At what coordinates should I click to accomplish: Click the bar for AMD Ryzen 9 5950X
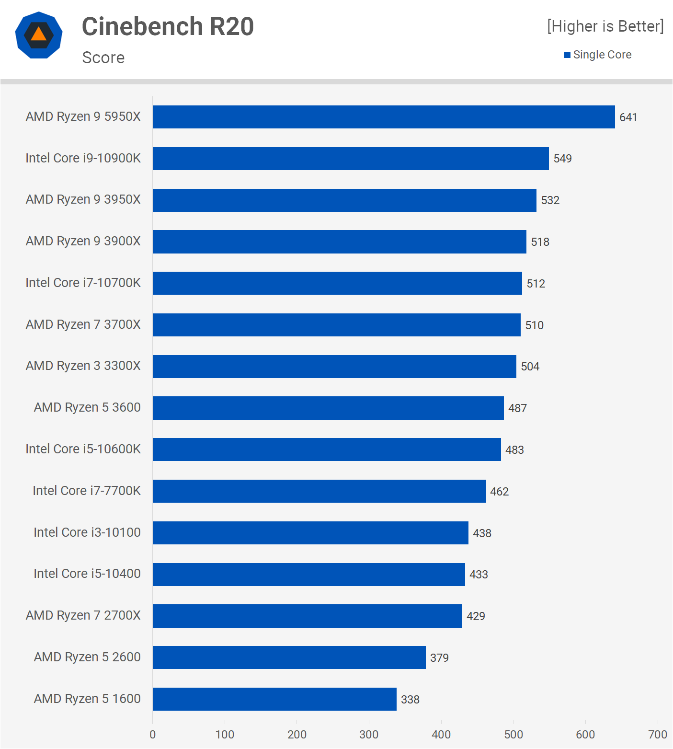coord(383,117)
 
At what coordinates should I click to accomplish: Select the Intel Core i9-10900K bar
coord(351,159)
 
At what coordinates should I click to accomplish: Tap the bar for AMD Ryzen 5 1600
coord(274,699)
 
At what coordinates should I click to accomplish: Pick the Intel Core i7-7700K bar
coord(319,491)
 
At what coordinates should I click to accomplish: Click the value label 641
coord(628,117)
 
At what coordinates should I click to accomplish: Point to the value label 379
coord(439,658)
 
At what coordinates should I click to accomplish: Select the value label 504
coord(530,367)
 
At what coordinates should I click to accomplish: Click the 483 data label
coord(514,450)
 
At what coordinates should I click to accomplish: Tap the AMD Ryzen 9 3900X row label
coord(83,241)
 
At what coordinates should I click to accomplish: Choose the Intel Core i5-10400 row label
coord(87,574)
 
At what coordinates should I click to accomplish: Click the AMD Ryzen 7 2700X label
coord(83,615)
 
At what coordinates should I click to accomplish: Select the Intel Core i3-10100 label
coord(87,532)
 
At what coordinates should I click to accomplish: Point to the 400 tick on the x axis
coord(441,735)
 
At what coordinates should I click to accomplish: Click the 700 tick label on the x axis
coord(657,735)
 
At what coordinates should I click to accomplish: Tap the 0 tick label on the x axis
coord(153,735)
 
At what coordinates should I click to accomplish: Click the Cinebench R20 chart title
coord(168,26)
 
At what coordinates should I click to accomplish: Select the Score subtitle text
coord(103,58)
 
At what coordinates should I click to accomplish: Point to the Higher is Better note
coord(605,26)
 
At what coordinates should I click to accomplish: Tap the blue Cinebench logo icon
coord(39,35)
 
